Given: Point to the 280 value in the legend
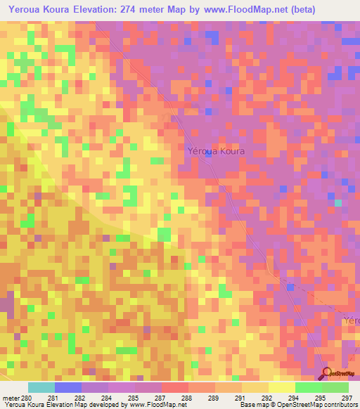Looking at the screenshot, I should coord(27,398).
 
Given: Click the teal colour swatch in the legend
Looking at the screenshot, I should coord(41,387).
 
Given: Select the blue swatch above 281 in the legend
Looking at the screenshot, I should coord(68,387).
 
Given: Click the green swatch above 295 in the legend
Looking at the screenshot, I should coord(308,387).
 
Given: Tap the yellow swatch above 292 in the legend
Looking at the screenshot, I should coord(255,387).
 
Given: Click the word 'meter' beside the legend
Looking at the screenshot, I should coord(11,398).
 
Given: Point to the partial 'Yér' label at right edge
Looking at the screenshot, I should coord(351,320).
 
